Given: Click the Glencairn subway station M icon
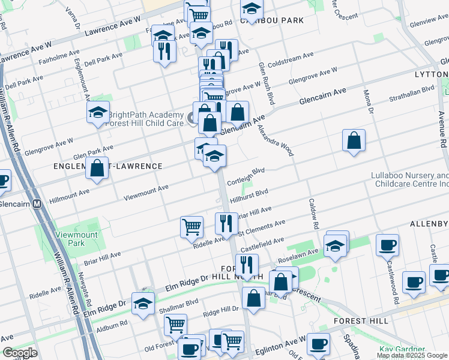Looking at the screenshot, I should [37, 204].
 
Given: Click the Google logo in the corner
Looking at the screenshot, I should [19, 353].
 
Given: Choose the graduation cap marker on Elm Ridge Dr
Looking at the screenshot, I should [143, 304].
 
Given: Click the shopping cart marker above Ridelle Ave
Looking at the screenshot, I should [191, 227].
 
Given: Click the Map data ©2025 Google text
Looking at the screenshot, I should [412, 355].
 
